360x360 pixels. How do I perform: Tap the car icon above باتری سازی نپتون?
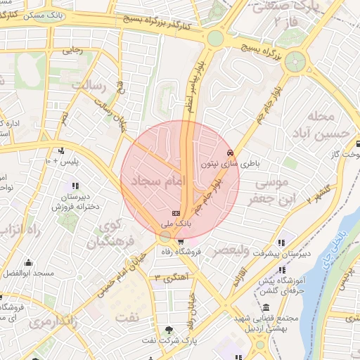point(229,153)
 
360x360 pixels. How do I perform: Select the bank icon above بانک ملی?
point(175,213)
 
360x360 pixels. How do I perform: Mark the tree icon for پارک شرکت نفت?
point(169,331)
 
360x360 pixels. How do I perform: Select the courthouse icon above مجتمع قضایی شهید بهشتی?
point(266,307)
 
